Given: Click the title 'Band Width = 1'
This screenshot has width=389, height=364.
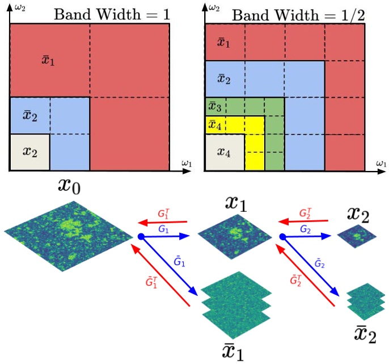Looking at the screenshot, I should coord(111,14).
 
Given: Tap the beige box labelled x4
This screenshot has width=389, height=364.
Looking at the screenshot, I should coord(225,152).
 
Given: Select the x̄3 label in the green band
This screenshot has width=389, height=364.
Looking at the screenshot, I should coord(214,106).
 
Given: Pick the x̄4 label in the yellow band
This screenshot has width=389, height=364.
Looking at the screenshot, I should coord(214,124).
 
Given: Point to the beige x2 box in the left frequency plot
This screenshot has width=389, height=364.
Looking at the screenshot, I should coord(30,151).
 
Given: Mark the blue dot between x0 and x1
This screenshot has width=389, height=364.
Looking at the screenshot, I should coord(140,236).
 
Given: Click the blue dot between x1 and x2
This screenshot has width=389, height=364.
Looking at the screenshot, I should coord(282,237).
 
